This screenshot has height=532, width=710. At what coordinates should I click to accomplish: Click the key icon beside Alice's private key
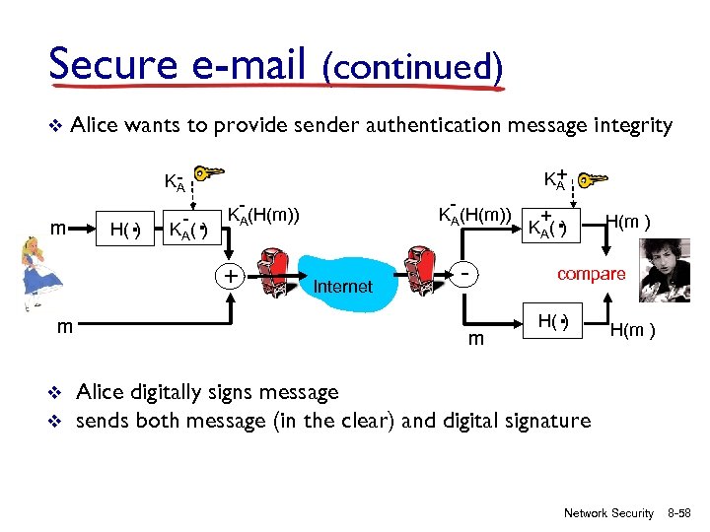(211, 174)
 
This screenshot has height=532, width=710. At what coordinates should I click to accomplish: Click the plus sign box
(230, 276)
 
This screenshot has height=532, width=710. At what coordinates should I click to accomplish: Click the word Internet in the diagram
(342, 287)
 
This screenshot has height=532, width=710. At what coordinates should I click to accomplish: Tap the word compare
(591, 274)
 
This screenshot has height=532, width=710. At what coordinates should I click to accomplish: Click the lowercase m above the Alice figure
(58, 229)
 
